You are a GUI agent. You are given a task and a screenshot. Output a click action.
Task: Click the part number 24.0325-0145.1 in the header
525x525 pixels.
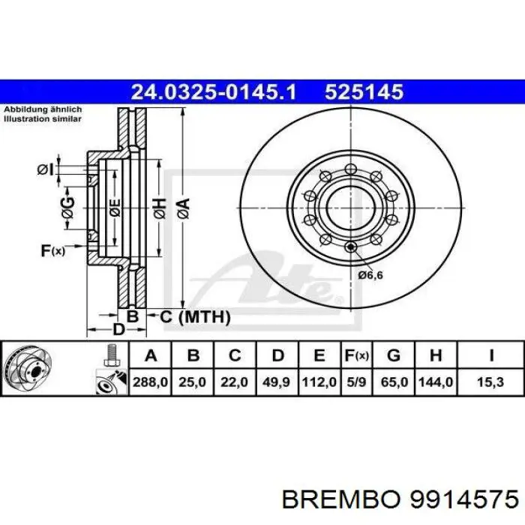[214, 92]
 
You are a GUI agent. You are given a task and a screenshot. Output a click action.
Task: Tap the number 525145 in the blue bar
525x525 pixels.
[364, 92]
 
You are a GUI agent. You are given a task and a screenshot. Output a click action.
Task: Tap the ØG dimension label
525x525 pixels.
[69, 212]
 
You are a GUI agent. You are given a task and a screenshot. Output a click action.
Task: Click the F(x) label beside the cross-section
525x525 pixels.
[52, 250]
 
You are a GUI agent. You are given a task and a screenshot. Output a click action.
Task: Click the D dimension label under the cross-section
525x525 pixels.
[118, 329]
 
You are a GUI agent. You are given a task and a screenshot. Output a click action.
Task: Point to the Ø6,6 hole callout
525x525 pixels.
[370, 275]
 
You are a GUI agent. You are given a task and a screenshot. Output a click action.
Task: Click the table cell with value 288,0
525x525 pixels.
[151, 382]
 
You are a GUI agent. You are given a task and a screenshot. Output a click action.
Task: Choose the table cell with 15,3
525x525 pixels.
[490, 382]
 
